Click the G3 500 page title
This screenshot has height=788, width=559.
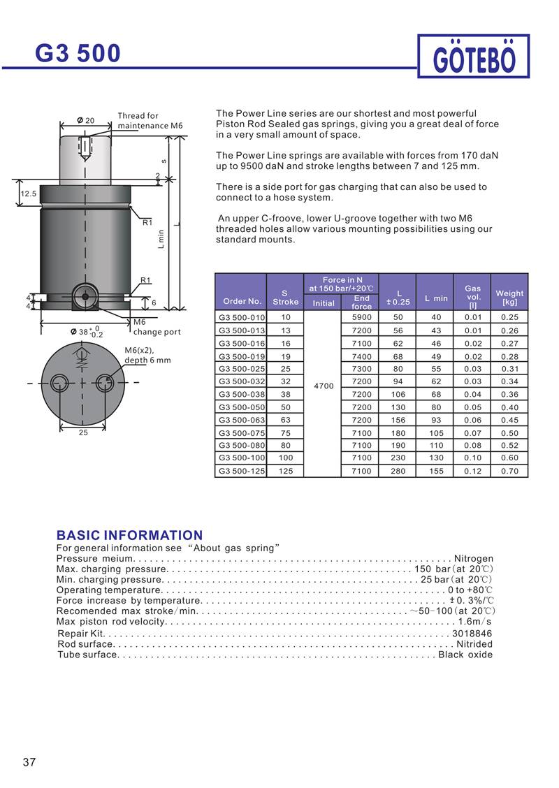(78, 52)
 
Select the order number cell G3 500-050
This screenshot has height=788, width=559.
(242, 407)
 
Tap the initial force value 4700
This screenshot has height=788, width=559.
(324, 386)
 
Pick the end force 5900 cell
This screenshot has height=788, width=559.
(361, 317)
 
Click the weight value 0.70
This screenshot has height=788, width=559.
(509, 472)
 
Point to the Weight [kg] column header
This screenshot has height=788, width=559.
(509, 298)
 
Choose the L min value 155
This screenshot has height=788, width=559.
(436, 472)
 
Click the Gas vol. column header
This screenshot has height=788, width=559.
(472, 296)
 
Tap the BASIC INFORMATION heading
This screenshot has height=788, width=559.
(129, 536)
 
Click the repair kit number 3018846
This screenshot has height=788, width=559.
(472, 634)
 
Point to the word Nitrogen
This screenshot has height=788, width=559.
(474, 559)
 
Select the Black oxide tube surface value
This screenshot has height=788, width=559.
(465, 655)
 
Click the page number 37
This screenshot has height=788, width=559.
(29, 762)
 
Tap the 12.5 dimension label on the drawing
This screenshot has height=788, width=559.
(29, 194)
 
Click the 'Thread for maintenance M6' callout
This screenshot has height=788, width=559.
(150, 121)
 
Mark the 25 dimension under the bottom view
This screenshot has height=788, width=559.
(82, 433)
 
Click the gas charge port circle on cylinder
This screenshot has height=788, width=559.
(86, 296)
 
